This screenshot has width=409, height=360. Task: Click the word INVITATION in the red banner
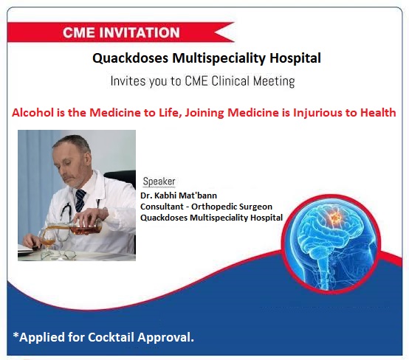point(140,32)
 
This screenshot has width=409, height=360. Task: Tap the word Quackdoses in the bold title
point(131,58)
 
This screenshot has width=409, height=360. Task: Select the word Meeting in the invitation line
point(274,81)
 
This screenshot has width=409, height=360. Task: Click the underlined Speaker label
point(159,181)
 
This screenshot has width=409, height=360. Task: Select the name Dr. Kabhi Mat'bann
point(179,195)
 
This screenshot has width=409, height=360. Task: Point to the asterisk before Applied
point(16,335)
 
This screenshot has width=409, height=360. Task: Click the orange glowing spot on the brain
point(334,216)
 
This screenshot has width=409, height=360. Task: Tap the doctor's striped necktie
point(80,200)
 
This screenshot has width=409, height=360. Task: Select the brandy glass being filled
point(49,241)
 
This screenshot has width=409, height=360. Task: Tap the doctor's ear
point(88,159)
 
